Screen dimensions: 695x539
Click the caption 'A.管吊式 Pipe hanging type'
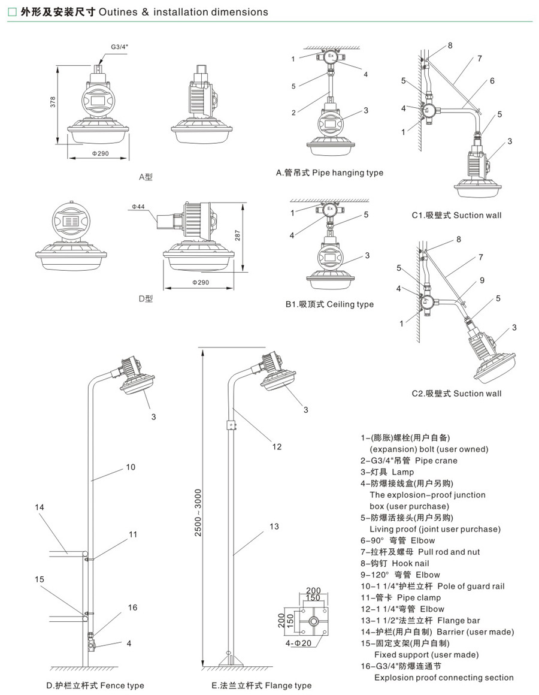point(329,173)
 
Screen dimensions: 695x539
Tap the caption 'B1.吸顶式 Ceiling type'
point(329,304)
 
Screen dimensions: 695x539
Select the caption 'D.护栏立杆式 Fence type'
point(95,685)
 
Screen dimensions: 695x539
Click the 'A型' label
point(146,177)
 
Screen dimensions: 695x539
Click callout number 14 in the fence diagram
point(40,507)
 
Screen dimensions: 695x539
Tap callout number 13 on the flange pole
point(274,527)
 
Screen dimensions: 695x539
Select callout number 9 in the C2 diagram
point(482,280)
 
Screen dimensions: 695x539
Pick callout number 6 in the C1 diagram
point(492,81)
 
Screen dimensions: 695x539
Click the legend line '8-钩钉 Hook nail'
point(395,563)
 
